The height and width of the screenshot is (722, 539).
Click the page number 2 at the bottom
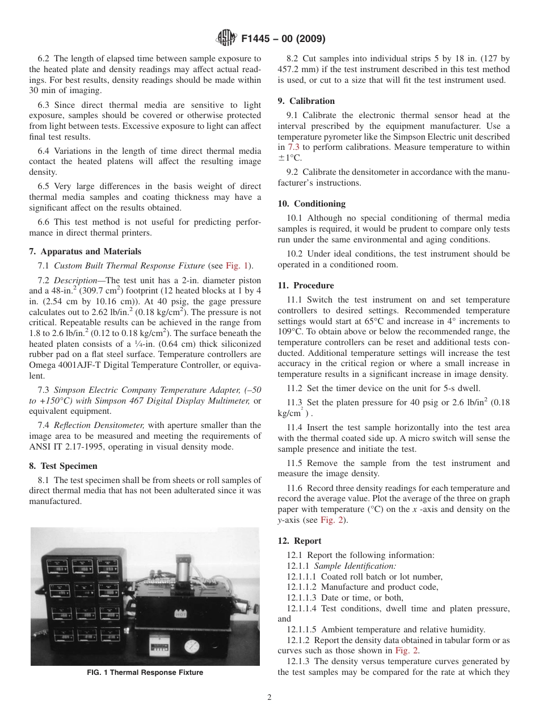click(269, 698)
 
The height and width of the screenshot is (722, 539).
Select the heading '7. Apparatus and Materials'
click(85, 251)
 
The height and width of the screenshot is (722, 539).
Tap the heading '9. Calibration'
click(306, 101)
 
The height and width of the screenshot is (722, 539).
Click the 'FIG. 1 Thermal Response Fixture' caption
click(145, 673)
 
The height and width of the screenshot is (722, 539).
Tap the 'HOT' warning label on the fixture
click(180, 614)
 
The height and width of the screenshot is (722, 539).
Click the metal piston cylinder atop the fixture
click(185, 569)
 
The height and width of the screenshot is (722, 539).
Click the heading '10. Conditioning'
click(311, 204)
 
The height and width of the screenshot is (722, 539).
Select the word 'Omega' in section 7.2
click(41, 366)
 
